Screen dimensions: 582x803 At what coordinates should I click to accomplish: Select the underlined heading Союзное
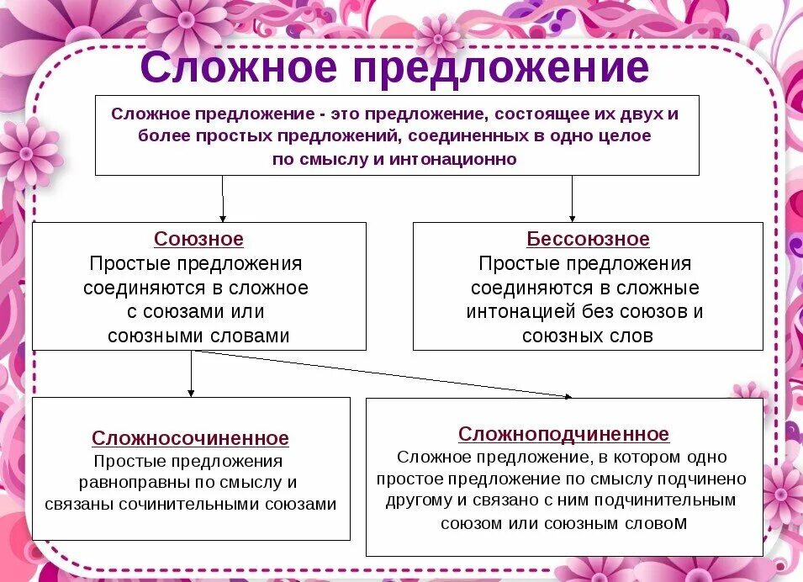point(198,239)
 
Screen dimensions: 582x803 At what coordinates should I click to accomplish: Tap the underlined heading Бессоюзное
point(588,239)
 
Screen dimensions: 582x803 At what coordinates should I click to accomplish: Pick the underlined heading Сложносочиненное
point(190,438)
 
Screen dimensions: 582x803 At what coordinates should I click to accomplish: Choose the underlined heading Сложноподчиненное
point(563,434)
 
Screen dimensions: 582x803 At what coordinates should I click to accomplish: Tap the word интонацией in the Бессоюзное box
point(521,312)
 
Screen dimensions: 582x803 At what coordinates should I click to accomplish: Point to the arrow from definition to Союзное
point(223,199)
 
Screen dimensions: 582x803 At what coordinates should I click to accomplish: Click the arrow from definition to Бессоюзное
point(572,199)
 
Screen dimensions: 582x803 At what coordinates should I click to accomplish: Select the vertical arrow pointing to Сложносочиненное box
point(191,373)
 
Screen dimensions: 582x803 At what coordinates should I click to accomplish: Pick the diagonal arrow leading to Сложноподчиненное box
point(383,373)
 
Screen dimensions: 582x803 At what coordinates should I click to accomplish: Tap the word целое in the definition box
point(622,135)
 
